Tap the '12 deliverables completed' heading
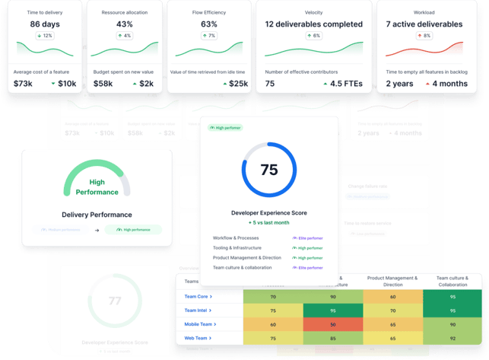tap(313, 24)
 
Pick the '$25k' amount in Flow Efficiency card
tap(238, 83)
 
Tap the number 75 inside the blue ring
tap(269, 170)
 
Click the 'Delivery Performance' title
tap(97, 215)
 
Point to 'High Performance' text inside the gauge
tap(97, 187)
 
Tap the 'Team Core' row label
tap(198, 296)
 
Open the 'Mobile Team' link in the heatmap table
tap(200, 323)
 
